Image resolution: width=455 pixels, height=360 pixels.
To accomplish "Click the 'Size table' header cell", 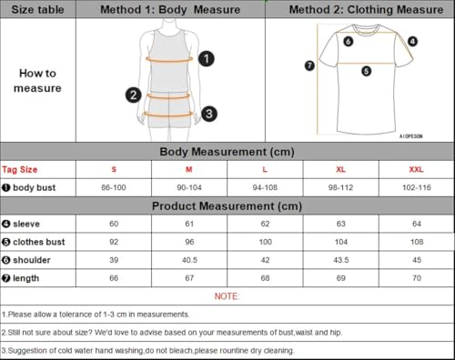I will click(x=35, y=10).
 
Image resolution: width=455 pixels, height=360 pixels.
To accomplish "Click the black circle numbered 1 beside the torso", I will click(x=207, y=59).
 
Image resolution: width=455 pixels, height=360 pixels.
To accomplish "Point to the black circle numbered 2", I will click(x=133, y=95).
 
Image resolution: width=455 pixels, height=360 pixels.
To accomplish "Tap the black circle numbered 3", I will click(x=209, y=114).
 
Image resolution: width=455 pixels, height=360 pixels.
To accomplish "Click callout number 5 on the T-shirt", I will click(x=366, y=70).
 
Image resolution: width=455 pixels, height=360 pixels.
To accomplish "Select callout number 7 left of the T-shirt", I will click(x=309, y=65).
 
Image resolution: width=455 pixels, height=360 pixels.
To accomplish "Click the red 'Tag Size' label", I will click(x=21, y=169).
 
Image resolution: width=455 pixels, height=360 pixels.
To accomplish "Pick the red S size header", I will click(x=114, y=169).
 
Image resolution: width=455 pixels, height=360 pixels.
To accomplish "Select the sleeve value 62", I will click(x=266, y=223).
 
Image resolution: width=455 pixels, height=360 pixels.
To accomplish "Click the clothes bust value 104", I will click(x=342, y=241).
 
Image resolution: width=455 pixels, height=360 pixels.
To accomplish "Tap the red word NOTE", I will click(x=227, y=295).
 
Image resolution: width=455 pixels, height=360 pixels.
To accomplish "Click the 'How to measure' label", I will click(x=37, y=80).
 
